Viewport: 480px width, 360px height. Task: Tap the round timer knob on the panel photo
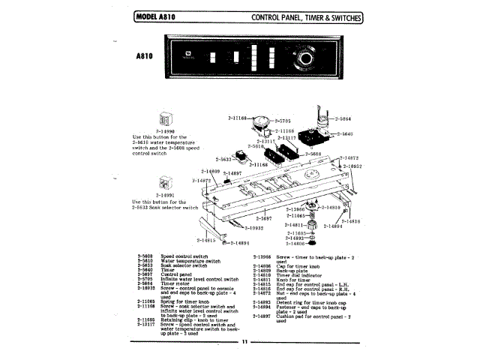(306, 60)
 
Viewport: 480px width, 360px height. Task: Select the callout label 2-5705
(282, 120)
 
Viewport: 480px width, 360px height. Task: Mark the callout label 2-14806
(296, 244)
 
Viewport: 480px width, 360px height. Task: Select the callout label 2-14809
(191, 172)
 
